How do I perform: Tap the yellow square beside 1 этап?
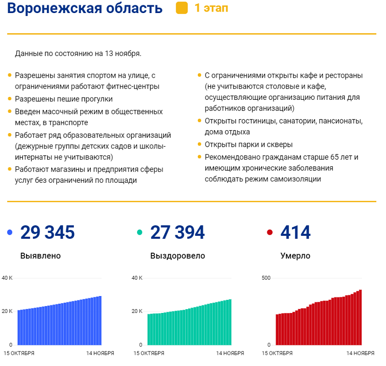coord(182,8)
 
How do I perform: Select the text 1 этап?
coord(211,8)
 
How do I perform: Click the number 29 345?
coord(47,232)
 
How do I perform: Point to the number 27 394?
coord(178,232)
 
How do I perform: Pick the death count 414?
coord(295,232)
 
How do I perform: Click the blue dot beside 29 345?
coord(10,233)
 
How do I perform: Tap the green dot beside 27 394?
coord(140,233)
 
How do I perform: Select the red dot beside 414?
coord(270,233)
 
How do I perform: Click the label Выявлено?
coord(41,256)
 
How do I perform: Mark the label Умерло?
coord(295,256)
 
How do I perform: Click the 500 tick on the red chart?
coord(266,278)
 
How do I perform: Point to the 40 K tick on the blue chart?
coord(7,278)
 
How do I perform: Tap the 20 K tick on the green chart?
coord(138,311)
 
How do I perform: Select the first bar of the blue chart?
coord(19,327)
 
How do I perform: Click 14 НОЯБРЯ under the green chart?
coord(230,353)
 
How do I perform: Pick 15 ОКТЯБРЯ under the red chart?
coord(277,353)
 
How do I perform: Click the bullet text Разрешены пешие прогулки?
coord(64,99)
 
